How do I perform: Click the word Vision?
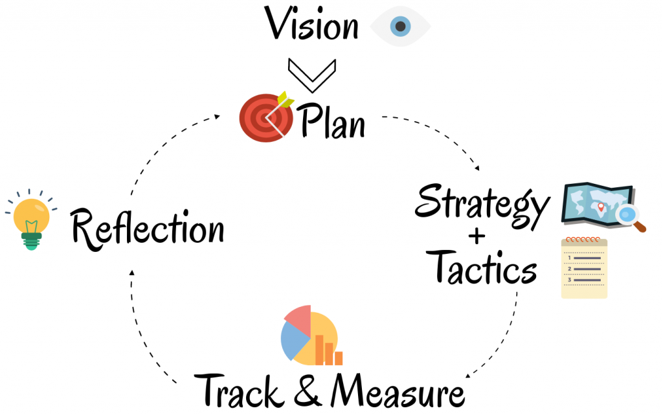pos(312,26)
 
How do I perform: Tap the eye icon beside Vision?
pos(400,27)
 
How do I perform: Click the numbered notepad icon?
pos(584,267)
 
